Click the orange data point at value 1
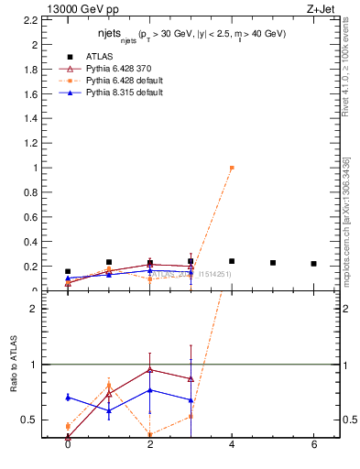click(232, 168)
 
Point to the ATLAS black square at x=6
click(314, 264)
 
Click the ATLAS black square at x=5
click(273, 263)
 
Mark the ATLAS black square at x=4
click(232, 261)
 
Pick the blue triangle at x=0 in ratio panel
click(68, 397)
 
